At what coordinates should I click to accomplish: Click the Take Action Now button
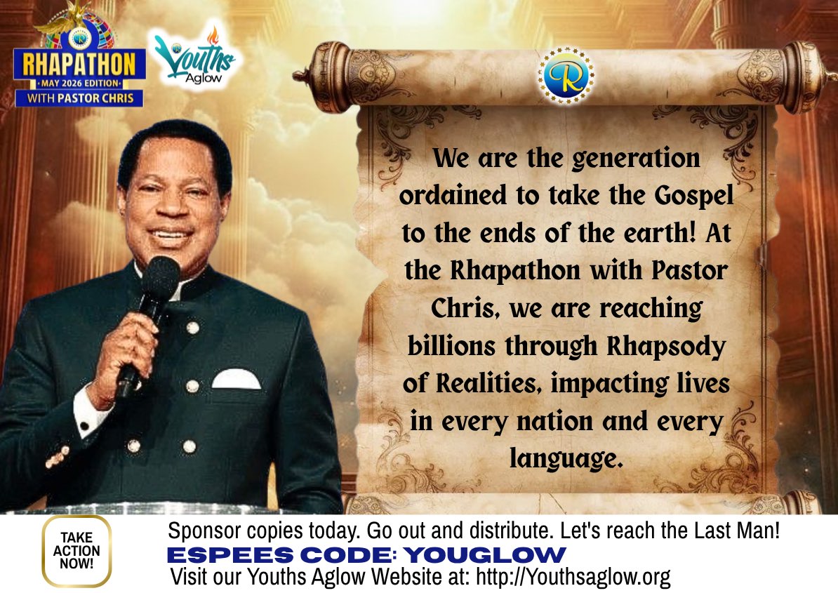click(x=77, y=551)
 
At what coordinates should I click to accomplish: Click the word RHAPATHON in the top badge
click(x=79, y=65)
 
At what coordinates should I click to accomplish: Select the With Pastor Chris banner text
click(x=79, y=98)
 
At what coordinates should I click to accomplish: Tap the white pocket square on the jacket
click(x=236, y=380)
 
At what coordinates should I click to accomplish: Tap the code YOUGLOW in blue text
click(x=485, y=555)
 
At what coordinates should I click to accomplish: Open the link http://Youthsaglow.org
click(x=573, y=578)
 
